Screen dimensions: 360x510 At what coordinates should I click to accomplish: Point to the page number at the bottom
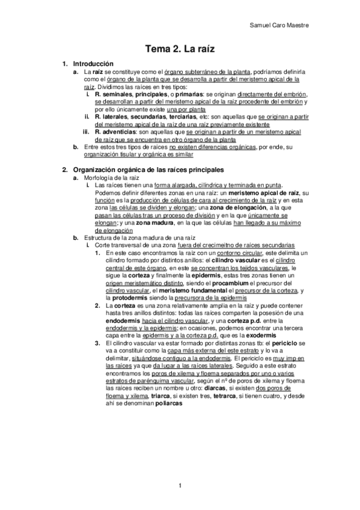(180, 485)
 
